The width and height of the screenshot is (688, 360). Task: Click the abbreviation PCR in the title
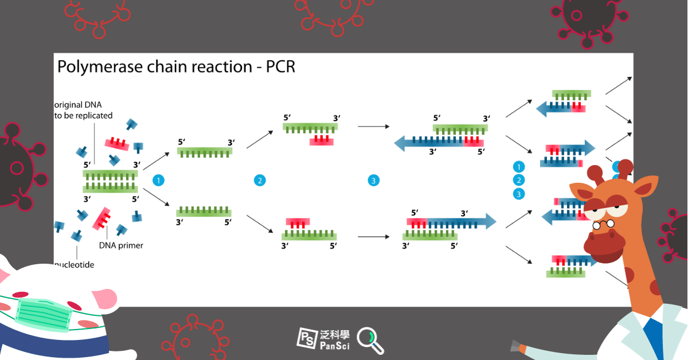click(280, 66)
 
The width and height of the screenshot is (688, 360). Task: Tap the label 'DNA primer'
click(121, 245)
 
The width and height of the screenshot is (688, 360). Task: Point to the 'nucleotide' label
click(74, 265)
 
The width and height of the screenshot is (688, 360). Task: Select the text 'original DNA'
click(78, 105)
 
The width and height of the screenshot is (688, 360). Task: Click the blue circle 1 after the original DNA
click(158, 181)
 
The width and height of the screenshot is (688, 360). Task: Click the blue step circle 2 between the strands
click(260, 181)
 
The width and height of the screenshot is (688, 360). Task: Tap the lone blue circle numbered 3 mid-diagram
click(373, 181)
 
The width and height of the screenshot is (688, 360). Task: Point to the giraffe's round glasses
click(603, 225)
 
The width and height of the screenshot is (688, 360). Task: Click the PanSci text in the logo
click(335, 346)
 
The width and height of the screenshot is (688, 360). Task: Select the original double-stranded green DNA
click(110, 182)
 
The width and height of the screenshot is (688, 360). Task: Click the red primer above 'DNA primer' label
click(101, 219)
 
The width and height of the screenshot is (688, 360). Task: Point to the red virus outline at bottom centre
click(196, 338)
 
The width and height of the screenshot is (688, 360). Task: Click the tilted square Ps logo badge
click(307, 338)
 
